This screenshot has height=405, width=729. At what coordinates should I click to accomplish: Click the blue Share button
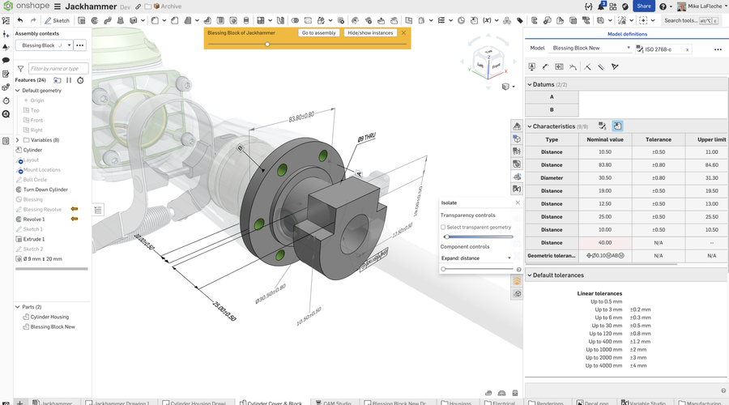pos(644,6)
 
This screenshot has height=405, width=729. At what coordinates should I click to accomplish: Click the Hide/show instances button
pos(370,33)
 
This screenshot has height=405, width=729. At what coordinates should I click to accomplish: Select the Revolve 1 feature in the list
pos(34,220)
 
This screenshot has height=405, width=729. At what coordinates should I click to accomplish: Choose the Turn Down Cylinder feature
pos(45,190)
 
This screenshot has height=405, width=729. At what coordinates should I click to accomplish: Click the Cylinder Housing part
pos(49,317)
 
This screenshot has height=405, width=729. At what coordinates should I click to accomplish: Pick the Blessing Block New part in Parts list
pos(53,326)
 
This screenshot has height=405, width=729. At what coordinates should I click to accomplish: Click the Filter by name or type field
pos(58,69)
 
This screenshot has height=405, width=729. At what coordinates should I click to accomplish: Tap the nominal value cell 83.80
pos(604,164)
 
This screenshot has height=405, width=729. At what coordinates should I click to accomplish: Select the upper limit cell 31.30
pos(711,177)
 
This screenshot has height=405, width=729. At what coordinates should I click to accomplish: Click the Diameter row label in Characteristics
pos(552,177)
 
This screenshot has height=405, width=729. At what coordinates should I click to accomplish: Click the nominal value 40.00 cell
pos(604,242)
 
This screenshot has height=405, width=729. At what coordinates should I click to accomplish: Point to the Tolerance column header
pos(658,139)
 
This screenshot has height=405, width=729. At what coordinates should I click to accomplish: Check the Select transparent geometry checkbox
pos(443,228)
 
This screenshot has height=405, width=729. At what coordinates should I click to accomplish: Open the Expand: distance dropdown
pos(476,258)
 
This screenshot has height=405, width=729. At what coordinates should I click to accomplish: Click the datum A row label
pos(552,96)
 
